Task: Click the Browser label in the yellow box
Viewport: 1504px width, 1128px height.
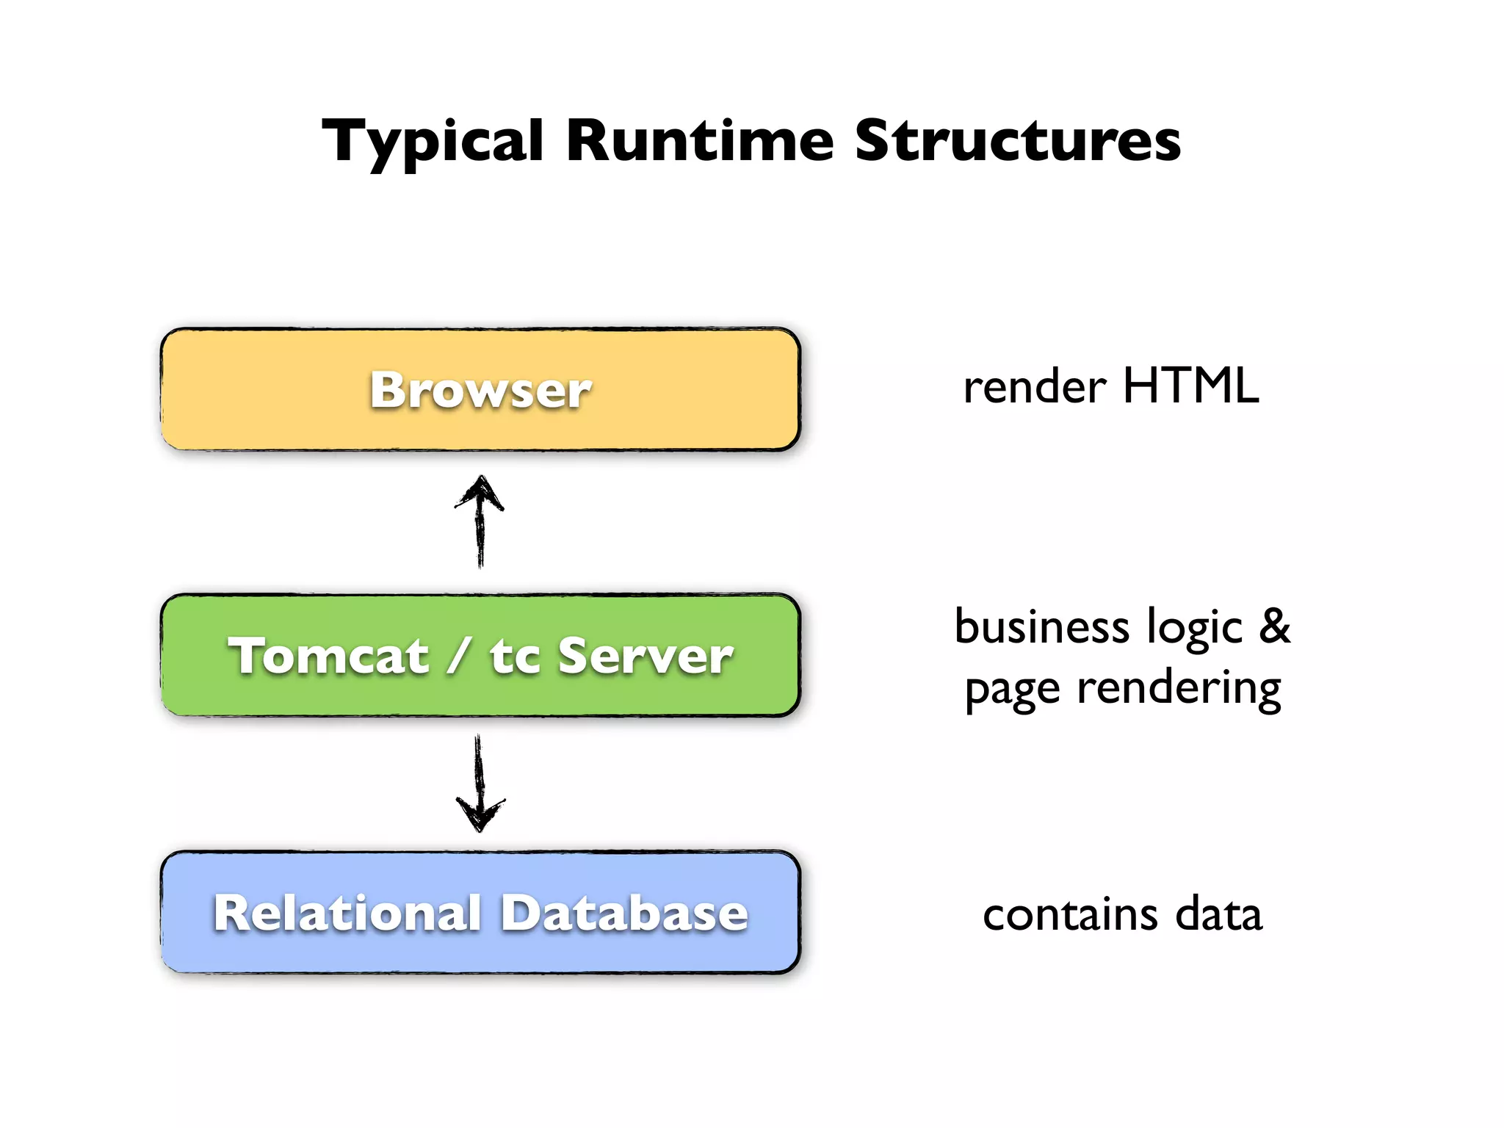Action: pos(480,390)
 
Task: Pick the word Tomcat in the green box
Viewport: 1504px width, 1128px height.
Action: pos(328,656)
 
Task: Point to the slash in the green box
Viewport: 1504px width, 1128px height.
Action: pos(458,655)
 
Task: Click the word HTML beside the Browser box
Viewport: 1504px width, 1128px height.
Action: pos(1191,386)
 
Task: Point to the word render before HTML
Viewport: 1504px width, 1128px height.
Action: pos(1035,388)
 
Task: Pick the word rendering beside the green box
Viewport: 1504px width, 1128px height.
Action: pos(1179,690)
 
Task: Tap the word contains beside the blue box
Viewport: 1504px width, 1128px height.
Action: pos(1071,916)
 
